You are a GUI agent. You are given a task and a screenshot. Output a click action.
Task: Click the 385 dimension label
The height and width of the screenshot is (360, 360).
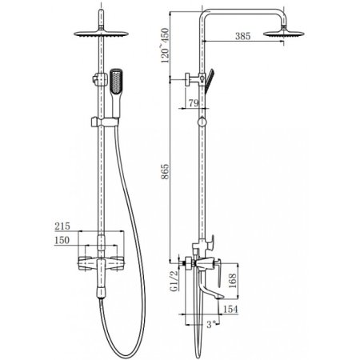[x=242, y=36]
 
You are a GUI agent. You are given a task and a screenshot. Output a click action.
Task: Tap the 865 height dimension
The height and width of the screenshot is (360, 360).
[x=166, y=171]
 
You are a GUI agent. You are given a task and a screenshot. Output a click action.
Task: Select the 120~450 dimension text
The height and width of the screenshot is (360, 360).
[x=165, y=46]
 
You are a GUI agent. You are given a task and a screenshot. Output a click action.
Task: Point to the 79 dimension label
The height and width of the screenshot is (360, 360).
[x=194, y=103]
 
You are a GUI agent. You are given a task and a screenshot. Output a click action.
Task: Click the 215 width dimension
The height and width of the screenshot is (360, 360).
[x=62, y=226]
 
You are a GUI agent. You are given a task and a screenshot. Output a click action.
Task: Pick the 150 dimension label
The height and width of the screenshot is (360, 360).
[x=62, y=240]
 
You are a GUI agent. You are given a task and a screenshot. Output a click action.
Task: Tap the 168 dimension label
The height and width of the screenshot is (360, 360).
[x=232, y=281]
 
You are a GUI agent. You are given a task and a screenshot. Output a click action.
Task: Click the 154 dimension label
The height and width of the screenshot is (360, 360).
[x=230, y=310]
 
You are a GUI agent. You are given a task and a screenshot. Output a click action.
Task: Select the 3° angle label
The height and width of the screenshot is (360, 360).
[x=211, y=324]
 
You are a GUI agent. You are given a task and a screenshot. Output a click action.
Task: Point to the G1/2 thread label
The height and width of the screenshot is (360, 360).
[x=174, y=281]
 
